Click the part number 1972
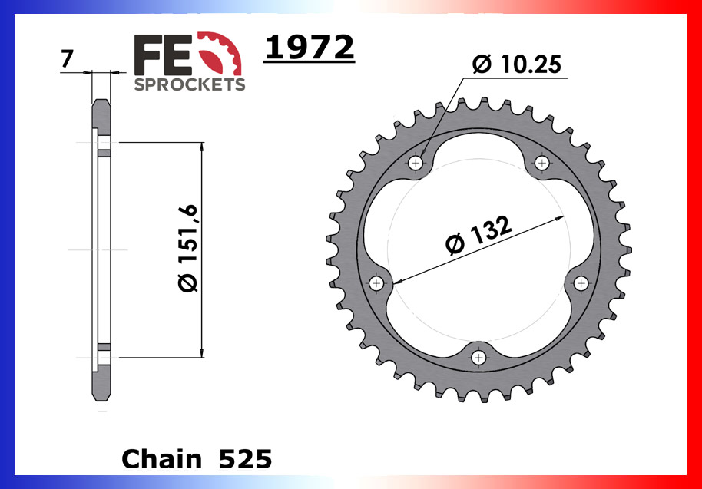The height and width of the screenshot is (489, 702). click(x=309, y=48)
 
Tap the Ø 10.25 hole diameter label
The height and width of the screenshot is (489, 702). click(x=517, y=65)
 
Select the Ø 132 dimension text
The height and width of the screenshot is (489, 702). click(x=478, y=236)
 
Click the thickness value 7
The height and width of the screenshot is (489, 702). click(x=67, y=59)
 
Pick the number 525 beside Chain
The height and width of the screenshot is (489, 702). click(x=245, y=459)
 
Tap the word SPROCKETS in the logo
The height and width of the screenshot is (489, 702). click(x=190, y=84)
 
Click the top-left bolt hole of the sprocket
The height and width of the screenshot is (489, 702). click(x=417, y=163)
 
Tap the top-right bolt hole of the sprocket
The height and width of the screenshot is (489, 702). click(x=542, y=163)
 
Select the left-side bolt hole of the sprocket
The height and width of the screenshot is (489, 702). click(x=376, y=283)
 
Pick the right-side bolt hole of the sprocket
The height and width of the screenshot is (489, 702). click(x=582, y=283)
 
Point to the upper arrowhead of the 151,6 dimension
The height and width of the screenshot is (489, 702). click(x=201, y=147)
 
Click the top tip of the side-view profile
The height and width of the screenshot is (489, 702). click(x=101, y=101)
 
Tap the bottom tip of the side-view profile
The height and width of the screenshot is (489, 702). click(x=101, y=399)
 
